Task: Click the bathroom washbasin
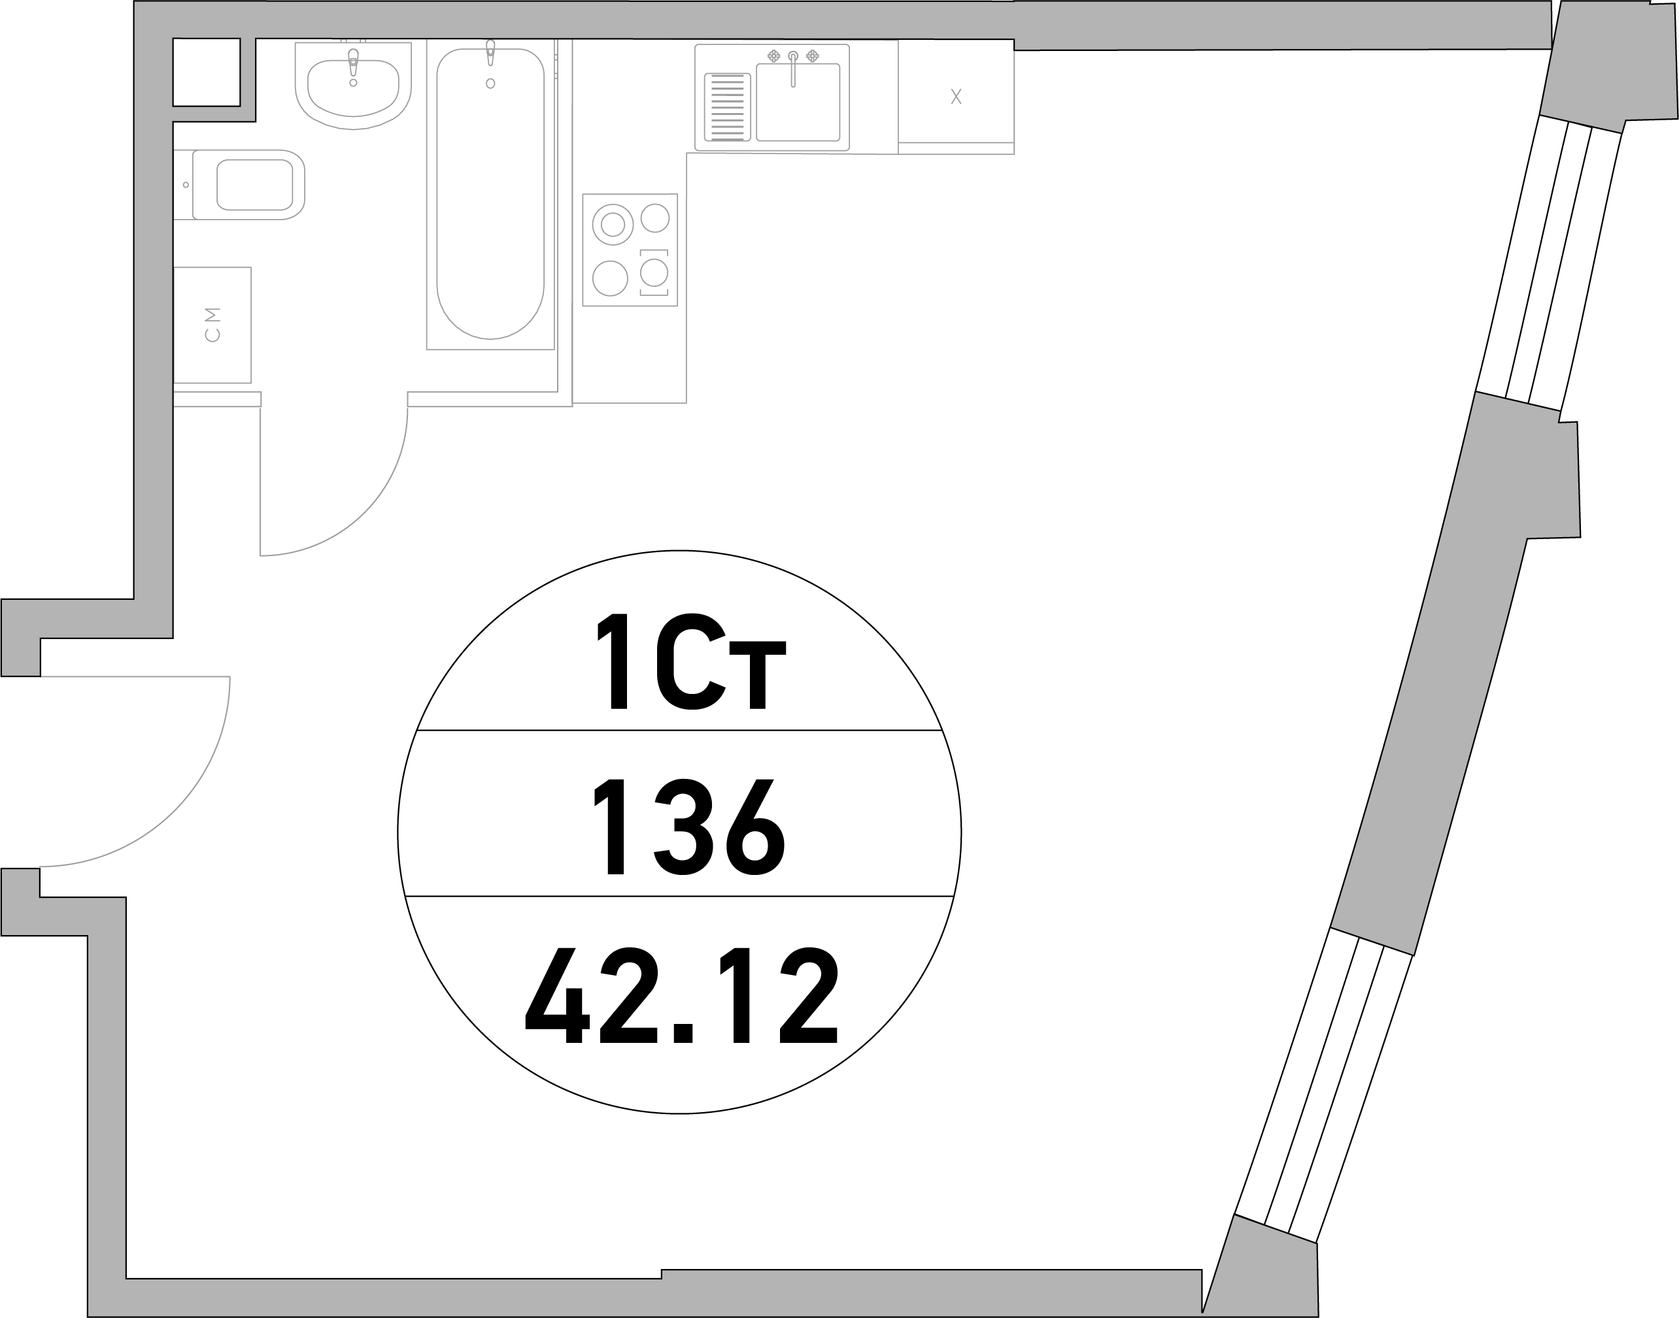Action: coord(353,85)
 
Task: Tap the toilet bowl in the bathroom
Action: coord(247,184)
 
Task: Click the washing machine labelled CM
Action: coord(212,325)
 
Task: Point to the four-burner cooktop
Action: coord(630,250)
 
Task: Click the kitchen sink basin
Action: coord(798,102)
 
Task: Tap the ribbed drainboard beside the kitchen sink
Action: coord(727,107)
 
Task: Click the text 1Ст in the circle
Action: coord(691,661)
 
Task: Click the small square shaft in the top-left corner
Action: coord(206,72)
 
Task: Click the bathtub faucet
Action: coord(490,52)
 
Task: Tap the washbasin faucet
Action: coord(354,61)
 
